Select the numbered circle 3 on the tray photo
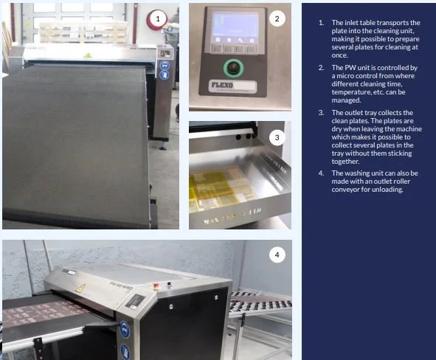tap(277, 136)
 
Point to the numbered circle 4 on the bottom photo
tap(277, 255)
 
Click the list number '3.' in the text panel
tap(321, 112)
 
